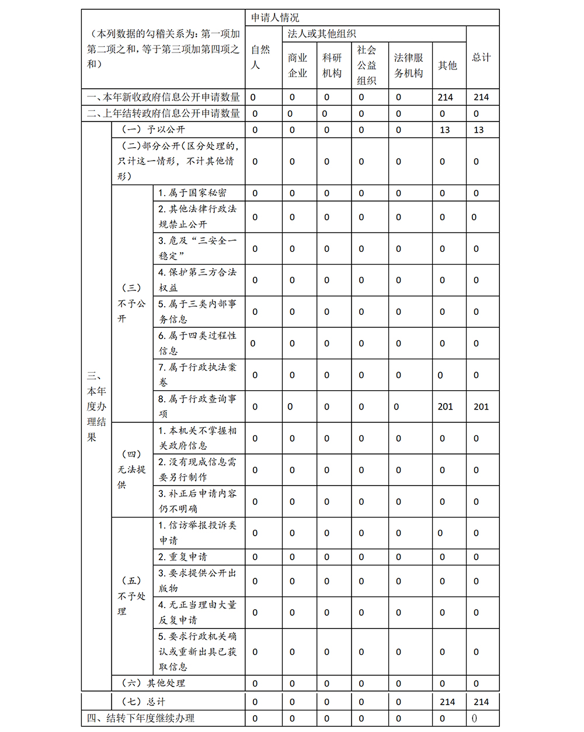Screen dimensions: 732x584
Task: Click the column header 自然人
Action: coord(260,57)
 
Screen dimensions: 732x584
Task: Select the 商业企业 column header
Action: coord(297,65)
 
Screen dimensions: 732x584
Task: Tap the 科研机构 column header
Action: coord(332,65)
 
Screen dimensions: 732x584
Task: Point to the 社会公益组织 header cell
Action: coord(367,65)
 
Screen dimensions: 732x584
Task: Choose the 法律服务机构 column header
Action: coord(408,65)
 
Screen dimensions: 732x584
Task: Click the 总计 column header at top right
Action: coord(482,57)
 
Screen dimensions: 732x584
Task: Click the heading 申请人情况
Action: coord(275,18)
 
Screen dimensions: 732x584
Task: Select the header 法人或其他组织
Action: coord(322,34)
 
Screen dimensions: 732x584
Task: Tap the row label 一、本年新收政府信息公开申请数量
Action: coord(164,97)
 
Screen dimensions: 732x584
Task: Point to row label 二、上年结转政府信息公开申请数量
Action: coord(164,113)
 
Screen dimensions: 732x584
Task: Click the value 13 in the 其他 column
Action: coord(445,130)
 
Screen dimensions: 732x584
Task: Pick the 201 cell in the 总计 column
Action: coord(481,407)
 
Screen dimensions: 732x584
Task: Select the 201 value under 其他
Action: coord(445,407)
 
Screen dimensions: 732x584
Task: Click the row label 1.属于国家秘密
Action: coord(192,193)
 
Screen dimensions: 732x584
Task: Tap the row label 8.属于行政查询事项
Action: coord(197,406)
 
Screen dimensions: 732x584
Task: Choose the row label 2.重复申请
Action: coord(182,557)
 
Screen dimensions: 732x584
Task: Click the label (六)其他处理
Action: coord(153,683)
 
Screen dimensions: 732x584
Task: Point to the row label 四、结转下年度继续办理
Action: coord(141,718)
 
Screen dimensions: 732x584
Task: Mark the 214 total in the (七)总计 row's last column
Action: coord(481,702)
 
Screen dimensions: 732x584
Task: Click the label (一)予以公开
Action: coord(153,130)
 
